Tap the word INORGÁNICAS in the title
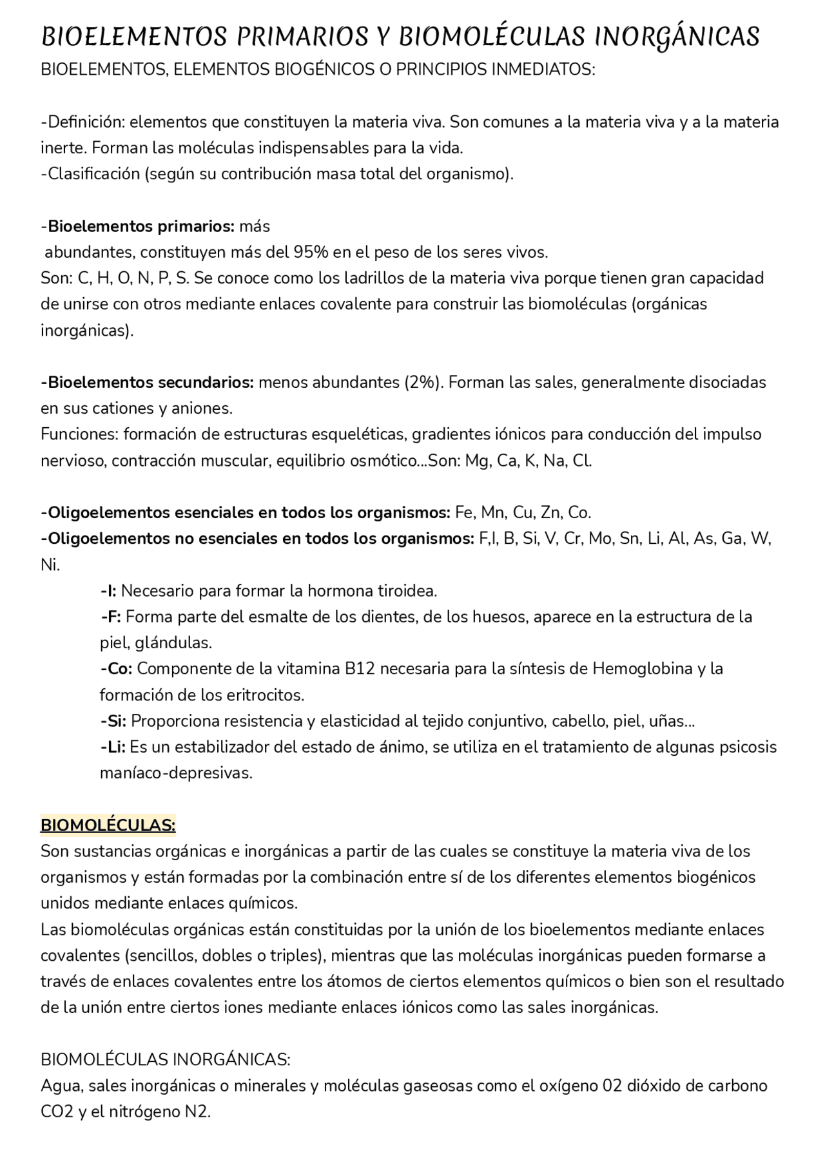coord(677,37)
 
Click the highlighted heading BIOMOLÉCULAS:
coord(108,825)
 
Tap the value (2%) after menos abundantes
coord(423,382)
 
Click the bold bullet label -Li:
coord(113,747)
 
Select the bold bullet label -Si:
coord(113,720)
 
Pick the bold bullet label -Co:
coord(116,669)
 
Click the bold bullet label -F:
coord(111,617)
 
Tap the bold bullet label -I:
coord(108,591)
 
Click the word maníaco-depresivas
coord(175,773)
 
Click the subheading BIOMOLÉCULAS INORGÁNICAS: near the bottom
coord(165,1059)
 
